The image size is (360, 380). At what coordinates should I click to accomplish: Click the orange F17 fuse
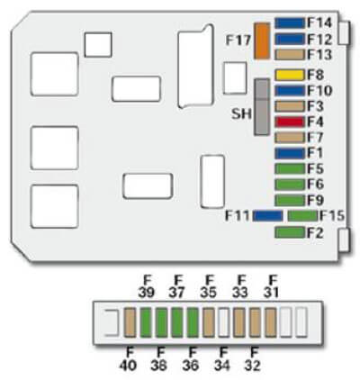tap(262, 41)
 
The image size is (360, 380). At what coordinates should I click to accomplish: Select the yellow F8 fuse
tap(290, 75)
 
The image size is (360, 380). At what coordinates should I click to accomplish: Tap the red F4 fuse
tap(290, 122)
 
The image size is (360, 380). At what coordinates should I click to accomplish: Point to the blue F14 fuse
tap(290, 23)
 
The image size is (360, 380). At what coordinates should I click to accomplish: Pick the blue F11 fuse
tap(267, 216)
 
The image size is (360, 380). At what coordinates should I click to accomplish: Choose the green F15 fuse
tap(302, 216)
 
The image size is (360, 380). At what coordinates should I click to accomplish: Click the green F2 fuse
tap(290, 233)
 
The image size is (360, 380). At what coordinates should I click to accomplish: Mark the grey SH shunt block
tap(262, 107)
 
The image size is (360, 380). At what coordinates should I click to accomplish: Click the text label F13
tap(319, 55)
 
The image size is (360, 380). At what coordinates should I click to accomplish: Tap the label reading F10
tap(319, 91)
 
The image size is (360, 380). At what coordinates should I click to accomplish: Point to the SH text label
tap(241, 114)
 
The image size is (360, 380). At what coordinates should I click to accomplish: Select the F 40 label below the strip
tap(128, 358)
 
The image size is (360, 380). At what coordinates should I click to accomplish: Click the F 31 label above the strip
tap(272, 286)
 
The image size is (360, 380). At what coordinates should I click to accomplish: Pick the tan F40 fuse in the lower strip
tap(130, 322)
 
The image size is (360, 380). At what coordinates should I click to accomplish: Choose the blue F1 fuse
tap(290, 153)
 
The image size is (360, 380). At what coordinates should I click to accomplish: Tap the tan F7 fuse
tap(290, 138)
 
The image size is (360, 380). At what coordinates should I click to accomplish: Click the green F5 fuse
tap(290, 168)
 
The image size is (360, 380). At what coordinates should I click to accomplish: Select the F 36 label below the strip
tap(191, 358)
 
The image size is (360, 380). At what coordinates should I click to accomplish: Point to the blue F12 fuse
tap(290, 39)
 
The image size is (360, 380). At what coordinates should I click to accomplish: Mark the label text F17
tap(238, 41)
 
